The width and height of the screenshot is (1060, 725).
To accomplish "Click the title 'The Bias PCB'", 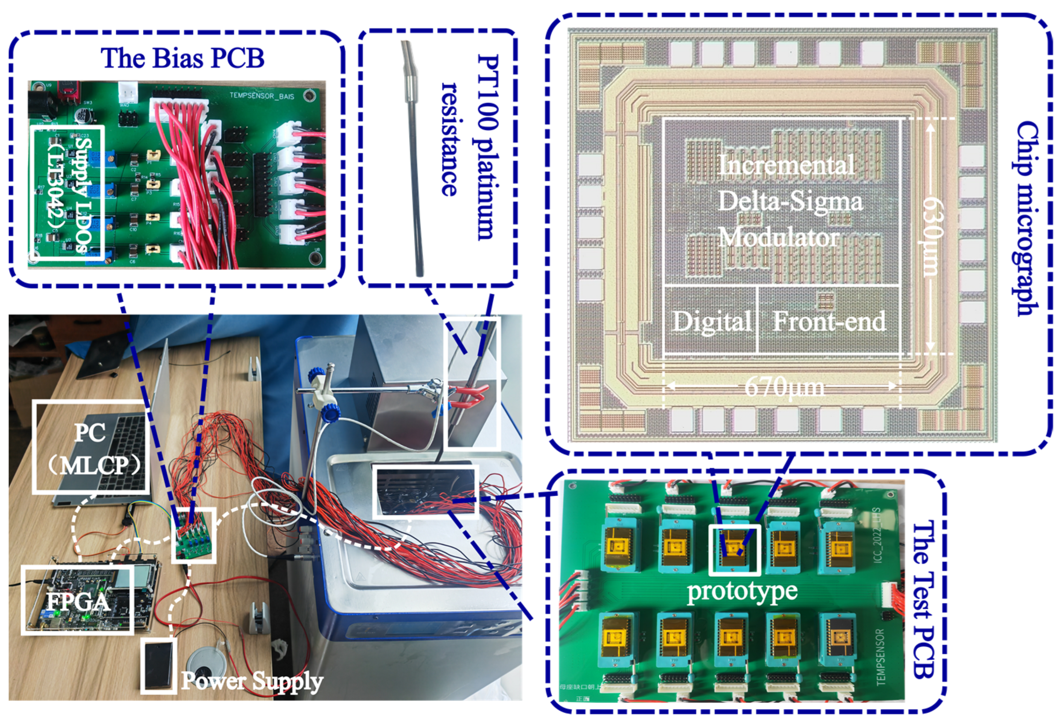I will pyautogui.click(x=183, y=58).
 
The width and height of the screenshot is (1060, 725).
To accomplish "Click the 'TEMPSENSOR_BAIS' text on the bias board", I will pyautogui.click(x=262, y=96).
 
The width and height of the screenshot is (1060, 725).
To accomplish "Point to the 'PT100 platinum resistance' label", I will pyautogui.click(x=470, y=146).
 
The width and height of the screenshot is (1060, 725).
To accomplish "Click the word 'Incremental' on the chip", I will pyautogui.click(x=786, y=165).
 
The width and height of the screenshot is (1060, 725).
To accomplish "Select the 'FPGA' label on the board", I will pyautogui.click(x=78, y=601).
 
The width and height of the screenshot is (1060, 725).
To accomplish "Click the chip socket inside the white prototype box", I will pyautogui.click(x=734, y=548).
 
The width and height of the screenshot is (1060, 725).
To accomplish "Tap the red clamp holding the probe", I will pyautogui.click(x=470, y=395).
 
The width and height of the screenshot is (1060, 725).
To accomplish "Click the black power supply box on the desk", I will pyautogui.click(x=158, y=665).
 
